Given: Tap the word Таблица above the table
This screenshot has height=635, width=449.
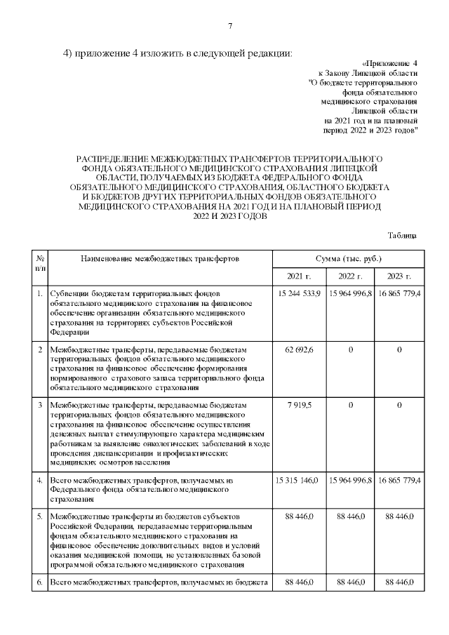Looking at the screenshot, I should [x=402, y=235].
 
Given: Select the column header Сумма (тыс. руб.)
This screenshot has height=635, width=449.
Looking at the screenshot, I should [x=349, y=259].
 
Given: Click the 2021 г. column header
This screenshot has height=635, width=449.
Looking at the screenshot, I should [x=300, y=276].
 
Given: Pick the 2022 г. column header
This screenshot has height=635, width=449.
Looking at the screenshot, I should [x=350, y=276].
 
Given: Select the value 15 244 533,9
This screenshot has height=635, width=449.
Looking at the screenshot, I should [x=298, y=293].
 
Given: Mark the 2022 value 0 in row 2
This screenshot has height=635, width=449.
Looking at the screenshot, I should [x=350, y=349].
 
